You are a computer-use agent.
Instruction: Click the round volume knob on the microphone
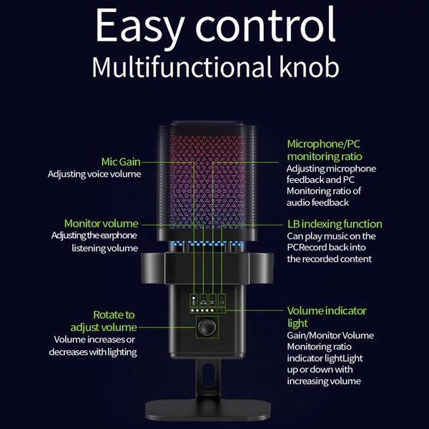point(207,327)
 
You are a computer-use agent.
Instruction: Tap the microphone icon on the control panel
point(194,300)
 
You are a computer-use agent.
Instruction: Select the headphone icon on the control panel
point(203,300)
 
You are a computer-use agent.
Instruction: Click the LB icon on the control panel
point(222,300)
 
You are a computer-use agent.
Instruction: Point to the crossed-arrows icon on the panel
point(212,300)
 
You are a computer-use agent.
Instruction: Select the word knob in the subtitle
point(309,66)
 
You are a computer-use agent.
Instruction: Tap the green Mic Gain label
point(121,162)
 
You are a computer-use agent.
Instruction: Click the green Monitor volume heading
point(102,224)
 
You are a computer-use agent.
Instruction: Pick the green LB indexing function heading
point(335,224)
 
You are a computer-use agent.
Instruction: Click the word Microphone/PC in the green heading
point(324,144)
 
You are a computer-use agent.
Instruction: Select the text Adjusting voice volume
point(94,174)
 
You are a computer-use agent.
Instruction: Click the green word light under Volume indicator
point(297,323)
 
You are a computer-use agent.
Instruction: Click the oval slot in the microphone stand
point(208,375)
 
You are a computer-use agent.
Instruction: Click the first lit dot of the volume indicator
point(192,310)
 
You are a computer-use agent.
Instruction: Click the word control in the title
point(265,25)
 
